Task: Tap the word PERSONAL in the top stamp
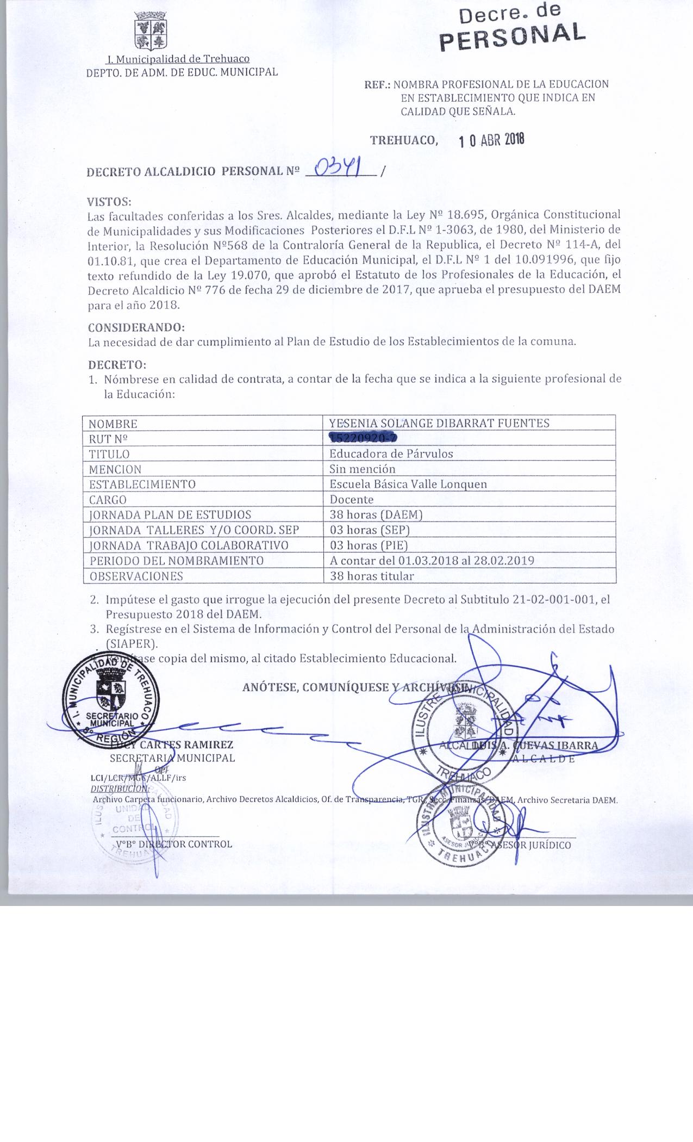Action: click(513, 36)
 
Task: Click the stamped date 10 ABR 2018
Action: click(491, 140)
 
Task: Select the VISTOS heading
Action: click(109, 202)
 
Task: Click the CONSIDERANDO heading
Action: click(136, 328)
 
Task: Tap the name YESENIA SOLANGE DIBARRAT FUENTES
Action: click(439, 423)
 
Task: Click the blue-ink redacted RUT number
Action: click(363, 438)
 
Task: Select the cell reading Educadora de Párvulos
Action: click(391, 454)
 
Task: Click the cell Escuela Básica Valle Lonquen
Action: click(408, 484)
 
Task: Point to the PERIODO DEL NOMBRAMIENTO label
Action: click(177, 560)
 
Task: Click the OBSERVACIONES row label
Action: click(136, 576)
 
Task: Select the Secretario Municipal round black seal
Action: click(111, 698)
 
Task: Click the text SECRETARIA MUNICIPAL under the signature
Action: click(172, 758)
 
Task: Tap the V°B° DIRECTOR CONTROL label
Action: click(174, 844)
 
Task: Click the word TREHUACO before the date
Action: click(403, 140)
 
